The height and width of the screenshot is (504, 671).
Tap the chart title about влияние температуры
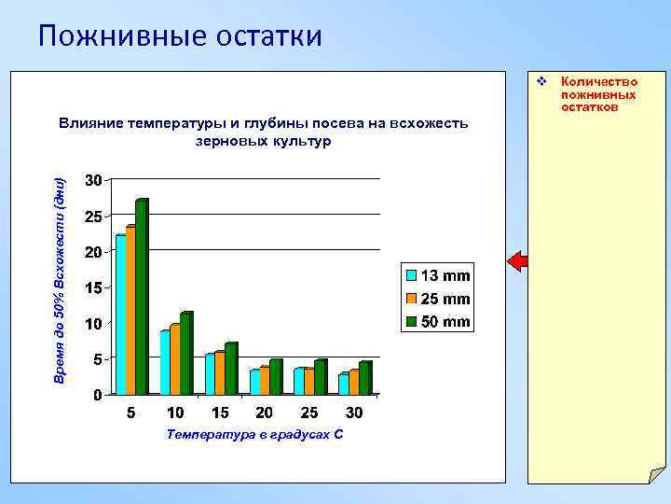coord(263,132)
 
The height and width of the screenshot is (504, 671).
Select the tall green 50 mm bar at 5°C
coord(142,297)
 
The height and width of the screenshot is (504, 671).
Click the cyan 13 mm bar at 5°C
coord(120,315)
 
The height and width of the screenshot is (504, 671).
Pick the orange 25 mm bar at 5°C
coord(130,310)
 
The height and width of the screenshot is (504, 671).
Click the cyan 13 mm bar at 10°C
coord(165,363)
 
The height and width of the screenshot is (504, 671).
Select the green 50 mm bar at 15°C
coord(230,369)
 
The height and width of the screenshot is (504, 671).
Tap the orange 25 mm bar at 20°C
coord(265,381)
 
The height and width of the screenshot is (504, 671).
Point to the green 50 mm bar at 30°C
coord(364,378)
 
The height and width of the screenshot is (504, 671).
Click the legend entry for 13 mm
coord(436,276)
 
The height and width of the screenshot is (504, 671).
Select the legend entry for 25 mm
coord(436,299)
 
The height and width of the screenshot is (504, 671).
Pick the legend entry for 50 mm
coord(436,322)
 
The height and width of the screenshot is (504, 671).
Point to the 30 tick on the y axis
coord(93,179)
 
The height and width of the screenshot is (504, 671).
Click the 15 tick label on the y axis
coord(93,287)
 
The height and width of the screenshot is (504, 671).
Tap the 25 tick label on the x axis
coord(309,413)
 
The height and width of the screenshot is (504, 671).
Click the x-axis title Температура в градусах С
coord(253,434)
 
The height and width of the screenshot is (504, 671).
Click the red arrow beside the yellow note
coord(517,261)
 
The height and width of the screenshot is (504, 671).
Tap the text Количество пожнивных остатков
coord(598,94)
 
